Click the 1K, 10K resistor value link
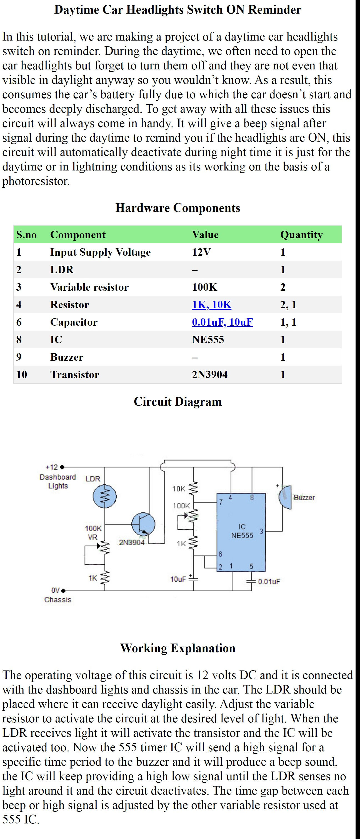211,305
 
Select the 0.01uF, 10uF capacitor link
222,322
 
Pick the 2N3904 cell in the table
209,375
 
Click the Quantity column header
301,235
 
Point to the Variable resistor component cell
89,287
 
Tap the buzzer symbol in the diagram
285,497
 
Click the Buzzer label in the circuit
304,497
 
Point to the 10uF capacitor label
178,579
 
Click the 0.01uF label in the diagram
269,581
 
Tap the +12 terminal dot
62,467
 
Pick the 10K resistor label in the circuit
179,489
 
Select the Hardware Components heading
178,208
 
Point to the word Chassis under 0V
58,600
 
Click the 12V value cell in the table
201,252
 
